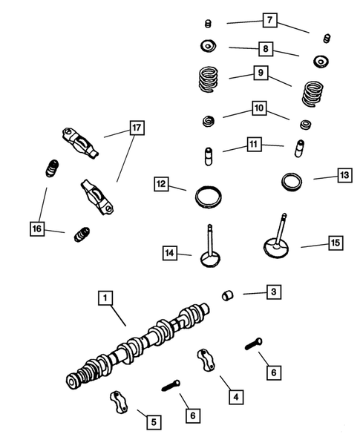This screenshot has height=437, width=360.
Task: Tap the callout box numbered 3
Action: point(273,292)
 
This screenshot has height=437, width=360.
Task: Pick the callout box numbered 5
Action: point(154,421)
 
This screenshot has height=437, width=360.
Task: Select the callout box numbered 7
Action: point(269,20)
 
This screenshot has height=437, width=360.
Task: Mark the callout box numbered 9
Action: point(260,73)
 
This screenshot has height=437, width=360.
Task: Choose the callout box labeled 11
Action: point(254,145)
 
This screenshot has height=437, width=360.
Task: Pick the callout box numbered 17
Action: point(135,128)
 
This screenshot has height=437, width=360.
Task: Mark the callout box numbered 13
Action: point(343,175)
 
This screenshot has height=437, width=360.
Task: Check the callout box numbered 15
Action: point(334,242)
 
